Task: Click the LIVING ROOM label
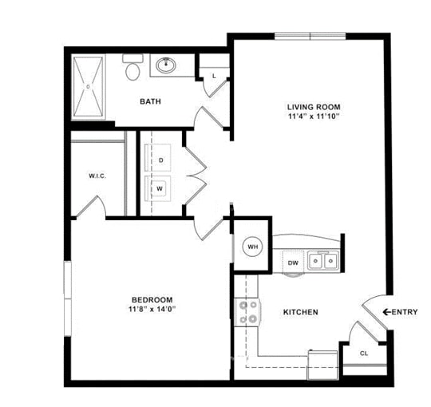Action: point(314,106)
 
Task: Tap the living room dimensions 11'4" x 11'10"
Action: point(314,117)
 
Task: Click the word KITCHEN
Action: point(301,312)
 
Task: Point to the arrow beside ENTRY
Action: point(387,311)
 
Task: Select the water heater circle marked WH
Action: point(253,247)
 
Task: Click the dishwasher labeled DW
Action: point(293,262)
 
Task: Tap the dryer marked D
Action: point(161,160)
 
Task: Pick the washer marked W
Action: point(161,188)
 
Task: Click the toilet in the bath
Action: point(132,69)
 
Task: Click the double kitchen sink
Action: point(324,260)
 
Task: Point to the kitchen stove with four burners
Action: point(247,311)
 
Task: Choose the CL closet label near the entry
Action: point(364,353)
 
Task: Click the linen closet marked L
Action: point(213,75)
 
